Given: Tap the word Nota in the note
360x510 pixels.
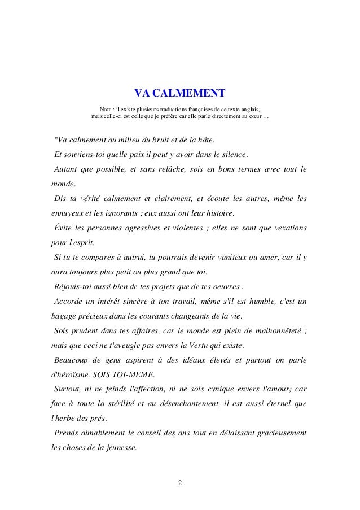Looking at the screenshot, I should [x=106, y=108].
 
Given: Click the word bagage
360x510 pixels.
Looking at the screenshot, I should [x=60, y=317].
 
